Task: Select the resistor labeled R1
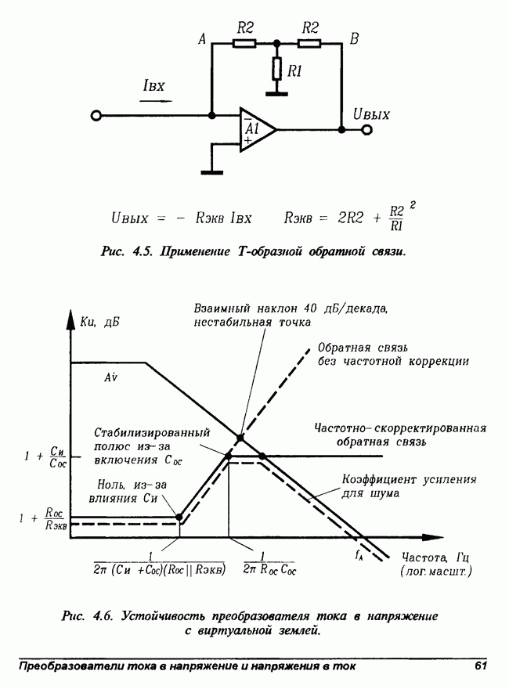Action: coord(276,70)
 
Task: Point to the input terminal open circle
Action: coord(96,116)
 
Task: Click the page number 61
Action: coord(481,666)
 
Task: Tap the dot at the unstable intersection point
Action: coord(240,437)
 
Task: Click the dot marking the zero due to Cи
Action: coord(179,517)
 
